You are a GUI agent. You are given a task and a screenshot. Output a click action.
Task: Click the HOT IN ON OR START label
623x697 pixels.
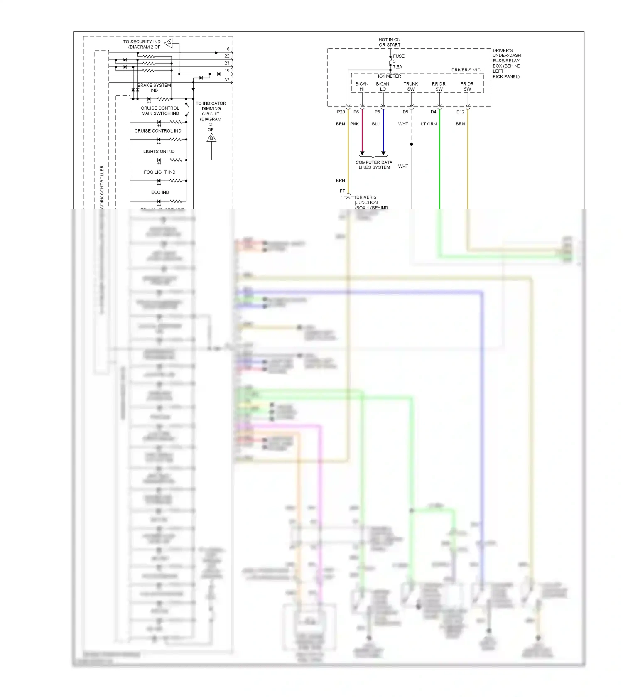click(x=390, y=42)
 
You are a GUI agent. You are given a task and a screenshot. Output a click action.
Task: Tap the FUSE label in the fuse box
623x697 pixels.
click(x=399, y=56)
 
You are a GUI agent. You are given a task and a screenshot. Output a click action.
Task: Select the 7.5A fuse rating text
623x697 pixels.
click(x=397, y=67)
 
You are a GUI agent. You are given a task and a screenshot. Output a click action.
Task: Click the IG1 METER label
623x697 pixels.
click(x=390, y=76)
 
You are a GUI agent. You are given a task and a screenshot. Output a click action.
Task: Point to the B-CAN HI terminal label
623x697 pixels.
click(x=362, y=86)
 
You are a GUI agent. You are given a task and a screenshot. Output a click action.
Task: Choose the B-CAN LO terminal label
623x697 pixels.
click(x=383, y=86)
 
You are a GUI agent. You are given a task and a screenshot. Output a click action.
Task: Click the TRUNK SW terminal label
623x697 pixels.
click(x=411, y=86)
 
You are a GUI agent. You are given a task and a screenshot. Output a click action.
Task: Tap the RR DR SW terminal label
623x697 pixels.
click(x=439, y=86)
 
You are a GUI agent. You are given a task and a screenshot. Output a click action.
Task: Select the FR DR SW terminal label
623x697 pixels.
click(x=467, y=86)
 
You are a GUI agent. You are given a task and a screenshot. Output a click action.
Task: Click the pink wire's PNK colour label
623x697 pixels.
click(x=354, y=124)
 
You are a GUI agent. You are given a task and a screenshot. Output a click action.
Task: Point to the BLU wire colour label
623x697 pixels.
click(x=376, y=124)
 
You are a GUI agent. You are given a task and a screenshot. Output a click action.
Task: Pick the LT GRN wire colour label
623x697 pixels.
click(x=429, y=124)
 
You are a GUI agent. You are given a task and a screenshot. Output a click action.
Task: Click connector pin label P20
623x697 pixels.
click(x=341, y=112)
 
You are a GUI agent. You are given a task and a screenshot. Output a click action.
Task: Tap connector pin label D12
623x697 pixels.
click(x=461, y=112)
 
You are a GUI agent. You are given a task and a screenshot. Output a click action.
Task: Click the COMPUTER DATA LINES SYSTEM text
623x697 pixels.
click(x=374, y=165)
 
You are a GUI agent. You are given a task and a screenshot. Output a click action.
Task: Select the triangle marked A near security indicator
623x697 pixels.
click(x=169, y=43)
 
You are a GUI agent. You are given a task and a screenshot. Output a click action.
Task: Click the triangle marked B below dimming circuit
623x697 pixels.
click(x=211, y=137)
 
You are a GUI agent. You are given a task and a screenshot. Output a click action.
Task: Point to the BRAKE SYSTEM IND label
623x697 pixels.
click(x=154, y=88)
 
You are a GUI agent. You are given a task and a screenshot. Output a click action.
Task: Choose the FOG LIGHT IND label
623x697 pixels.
click(x=159, y=172)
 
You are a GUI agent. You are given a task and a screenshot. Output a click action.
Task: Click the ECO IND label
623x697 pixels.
click(x=160, y=192)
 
